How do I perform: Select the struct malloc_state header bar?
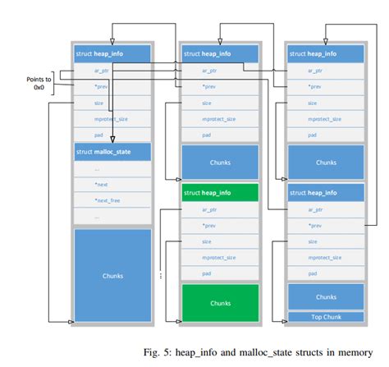pyautogui.click(x=112, y=152)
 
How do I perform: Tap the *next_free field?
pyautogui.click(x=112, y=200)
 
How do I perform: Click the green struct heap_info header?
pyautogui.click(x=220, y=192)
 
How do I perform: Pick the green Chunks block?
pyautogui.click(x=220, y=303)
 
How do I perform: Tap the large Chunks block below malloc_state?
pyautogui.click(x=112, y=276)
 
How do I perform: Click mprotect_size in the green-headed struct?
pyautogui.click(x=220, y=256)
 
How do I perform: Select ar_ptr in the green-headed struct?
pyautogui.click(x=220, y=210)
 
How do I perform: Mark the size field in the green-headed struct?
pyautogui.click(x=220, y=241)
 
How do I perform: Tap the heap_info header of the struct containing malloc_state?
pyautogui.click(x=112, y=53)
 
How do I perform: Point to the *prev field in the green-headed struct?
pyautogui.click(x=220, y=225)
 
